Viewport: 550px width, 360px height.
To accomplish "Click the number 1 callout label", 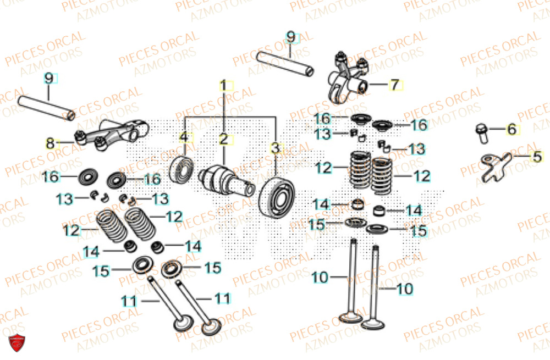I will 224,85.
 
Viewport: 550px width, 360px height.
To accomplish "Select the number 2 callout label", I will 224,139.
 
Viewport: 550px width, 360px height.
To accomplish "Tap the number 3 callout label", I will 276,148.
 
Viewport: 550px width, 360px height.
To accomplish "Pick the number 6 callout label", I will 511,130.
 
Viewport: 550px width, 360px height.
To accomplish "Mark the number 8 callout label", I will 51,144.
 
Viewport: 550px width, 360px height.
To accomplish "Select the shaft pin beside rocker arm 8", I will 47,108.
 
